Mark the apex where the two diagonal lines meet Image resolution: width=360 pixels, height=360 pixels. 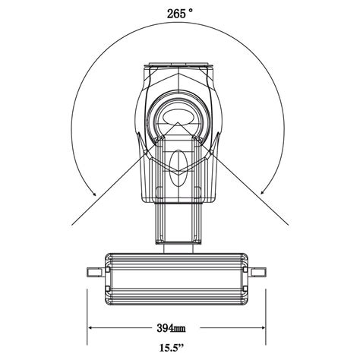[180, 121]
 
